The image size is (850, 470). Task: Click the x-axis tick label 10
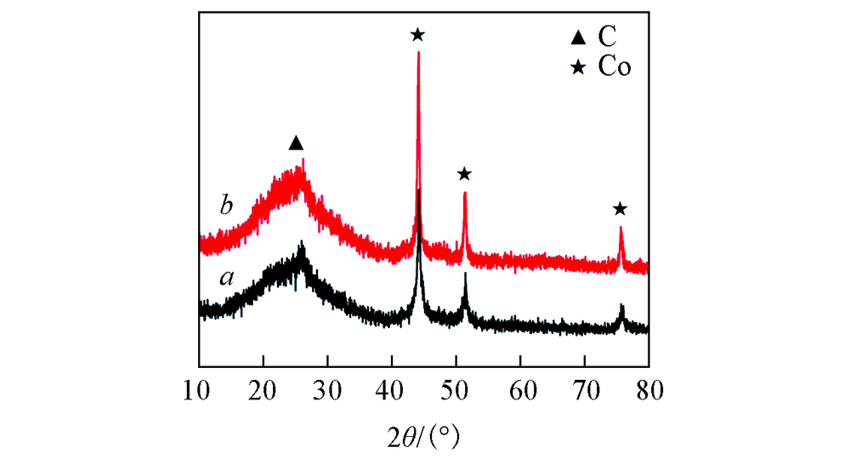[x=199, y=393]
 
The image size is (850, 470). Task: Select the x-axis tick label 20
[x=263, y=393]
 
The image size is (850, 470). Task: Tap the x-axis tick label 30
[x=327, y=393]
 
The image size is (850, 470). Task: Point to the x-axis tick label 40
[x=392, y=393]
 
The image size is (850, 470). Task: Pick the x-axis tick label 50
[x=456, y=393]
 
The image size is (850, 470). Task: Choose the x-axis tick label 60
[x=521, y=393]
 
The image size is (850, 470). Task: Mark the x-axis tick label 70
[x=585, y=393]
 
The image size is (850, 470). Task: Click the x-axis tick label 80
[x=649, y=393]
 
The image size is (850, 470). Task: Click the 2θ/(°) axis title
[x=422, y=439]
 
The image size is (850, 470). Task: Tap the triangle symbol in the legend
[x=579, y=37]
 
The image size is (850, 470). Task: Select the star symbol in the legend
[x=579, y=68]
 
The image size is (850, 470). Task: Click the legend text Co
[x=614, y=68]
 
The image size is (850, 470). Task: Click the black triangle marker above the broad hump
[x=296, y=143]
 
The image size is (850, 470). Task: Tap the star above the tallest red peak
[x=417, y=35]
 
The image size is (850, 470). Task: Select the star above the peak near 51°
[x=464, y=174]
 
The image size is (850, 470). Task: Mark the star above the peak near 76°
[x=620, y=209]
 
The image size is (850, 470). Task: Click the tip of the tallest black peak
[x=419, y=190]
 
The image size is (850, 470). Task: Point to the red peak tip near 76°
[x=621, y=228]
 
